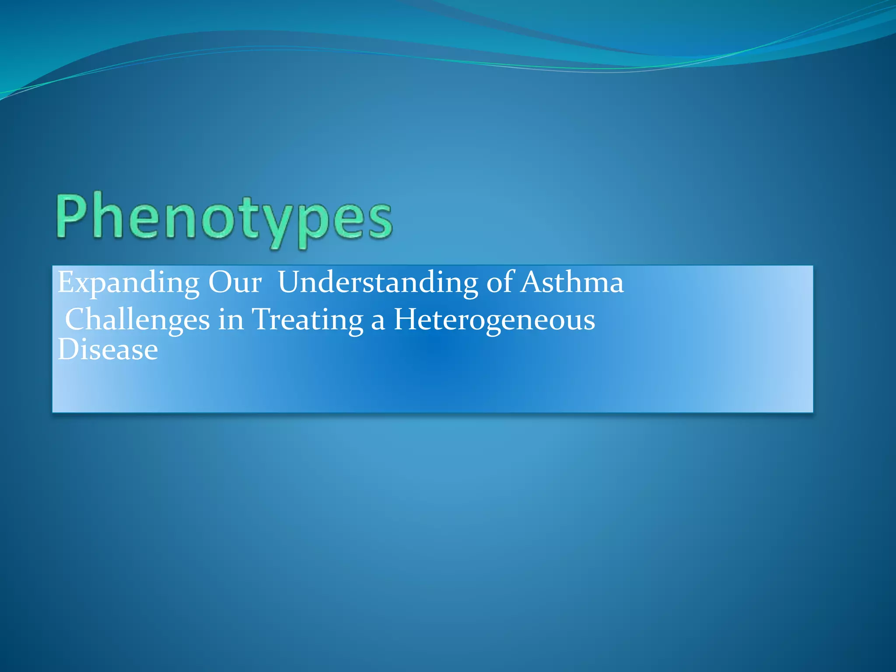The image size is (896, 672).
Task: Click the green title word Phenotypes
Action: pos(224,218)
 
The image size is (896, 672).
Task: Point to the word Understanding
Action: pos(378,283)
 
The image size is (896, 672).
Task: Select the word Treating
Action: pos(308,320)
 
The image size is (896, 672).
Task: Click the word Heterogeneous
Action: pos(494,320)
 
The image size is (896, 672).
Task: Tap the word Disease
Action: pos(108,350)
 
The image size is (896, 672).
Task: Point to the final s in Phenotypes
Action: pos(379,221)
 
